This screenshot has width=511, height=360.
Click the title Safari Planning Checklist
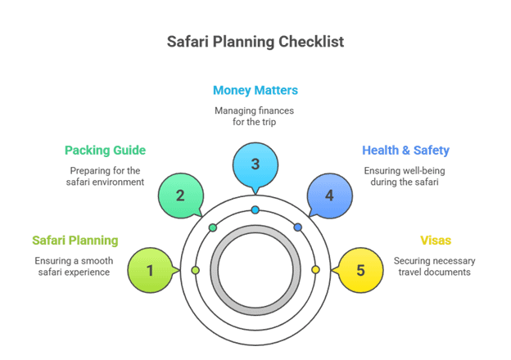click(x=255, y=42)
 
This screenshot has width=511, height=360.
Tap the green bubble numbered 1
click(x=150, y=270)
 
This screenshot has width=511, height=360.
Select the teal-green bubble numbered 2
click(x=179, y=196)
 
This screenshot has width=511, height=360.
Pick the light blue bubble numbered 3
click(x=255, y=164)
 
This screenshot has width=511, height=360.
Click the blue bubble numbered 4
click(x=329, y=196)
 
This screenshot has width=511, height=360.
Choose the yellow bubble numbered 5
click(x=360, y=270)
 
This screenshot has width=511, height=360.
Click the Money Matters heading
click(x=255, y=90)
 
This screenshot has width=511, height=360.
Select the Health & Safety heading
click(x=405, y=151)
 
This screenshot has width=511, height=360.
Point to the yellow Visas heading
click(x=436, y=241)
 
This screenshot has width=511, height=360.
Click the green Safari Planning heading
click(x=75, y=241)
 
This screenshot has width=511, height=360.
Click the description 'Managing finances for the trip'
click(x=255, y=116)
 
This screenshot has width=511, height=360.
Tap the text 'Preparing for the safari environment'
click(x=106, y=177)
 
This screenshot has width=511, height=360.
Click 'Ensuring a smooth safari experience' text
click(x=74, y=267)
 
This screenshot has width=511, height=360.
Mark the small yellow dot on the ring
click(x=315, y=270)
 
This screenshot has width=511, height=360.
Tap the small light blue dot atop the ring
click(x=255, y=210)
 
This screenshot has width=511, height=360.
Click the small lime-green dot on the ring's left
click(x=195, y=270)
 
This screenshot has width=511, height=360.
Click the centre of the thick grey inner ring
click(x=255, y=270)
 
